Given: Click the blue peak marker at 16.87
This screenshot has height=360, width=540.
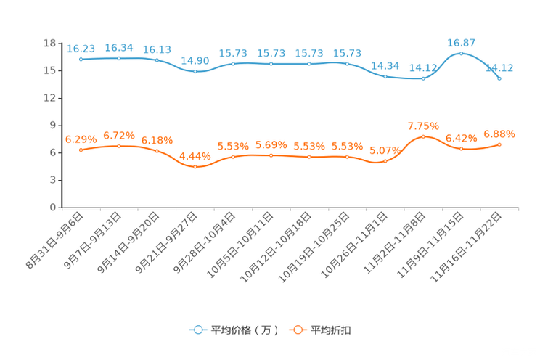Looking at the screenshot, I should point(461,53).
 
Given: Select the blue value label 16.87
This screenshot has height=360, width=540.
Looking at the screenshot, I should point(461,42).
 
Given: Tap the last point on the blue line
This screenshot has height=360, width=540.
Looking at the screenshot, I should point(499,78).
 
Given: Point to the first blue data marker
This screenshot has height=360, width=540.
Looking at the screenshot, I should point(81,60).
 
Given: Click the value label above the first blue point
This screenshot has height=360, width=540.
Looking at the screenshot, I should point(81,49).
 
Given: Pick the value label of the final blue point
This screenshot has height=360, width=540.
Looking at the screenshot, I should point(500,67).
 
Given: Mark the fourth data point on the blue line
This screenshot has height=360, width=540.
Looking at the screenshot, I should point(195,71).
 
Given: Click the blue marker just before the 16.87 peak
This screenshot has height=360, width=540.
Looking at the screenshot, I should point(423,78).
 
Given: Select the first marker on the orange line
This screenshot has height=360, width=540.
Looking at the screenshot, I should point(81,150).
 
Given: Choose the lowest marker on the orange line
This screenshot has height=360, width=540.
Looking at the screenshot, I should point(195,166).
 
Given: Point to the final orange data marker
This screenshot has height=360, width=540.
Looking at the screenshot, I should point(499,144).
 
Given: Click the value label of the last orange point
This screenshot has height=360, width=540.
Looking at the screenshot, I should point(499,134).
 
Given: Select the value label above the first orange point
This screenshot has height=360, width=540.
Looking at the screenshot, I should point(81,139).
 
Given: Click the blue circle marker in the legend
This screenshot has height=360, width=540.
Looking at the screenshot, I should point(197,330).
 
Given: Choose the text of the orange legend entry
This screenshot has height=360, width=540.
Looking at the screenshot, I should point(331,330).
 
